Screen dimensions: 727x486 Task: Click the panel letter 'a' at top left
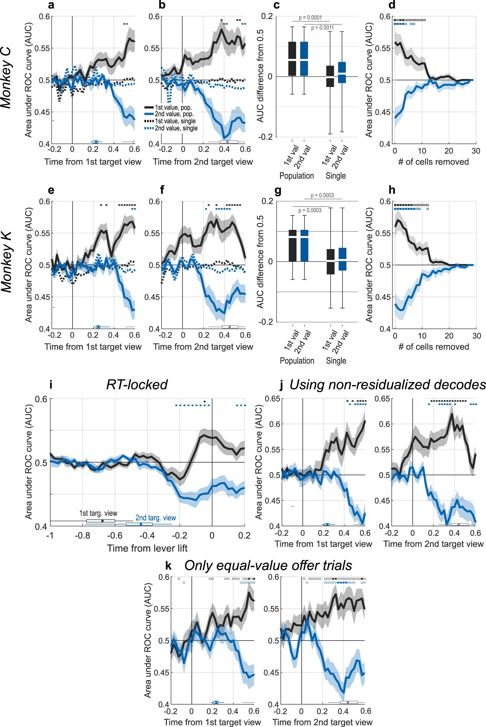tap(51, 5)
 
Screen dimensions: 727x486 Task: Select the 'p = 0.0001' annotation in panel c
tap(310, 18)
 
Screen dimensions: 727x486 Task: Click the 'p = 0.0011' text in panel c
tap(322, 28)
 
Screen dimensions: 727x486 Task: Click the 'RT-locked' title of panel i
tap(137, 385)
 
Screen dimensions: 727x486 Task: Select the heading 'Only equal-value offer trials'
tap(268, 565)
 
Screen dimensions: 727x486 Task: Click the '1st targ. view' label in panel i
tap(98, 513)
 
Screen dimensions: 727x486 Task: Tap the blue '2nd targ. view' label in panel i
tap(156, 518)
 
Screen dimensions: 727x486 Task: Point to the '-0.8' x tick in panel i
tap(82, 535)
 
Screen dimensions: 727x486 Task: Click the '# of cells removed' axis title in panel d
tap(433, 162)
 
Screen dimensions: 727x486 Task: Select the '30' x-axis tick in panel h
tap(476, 336)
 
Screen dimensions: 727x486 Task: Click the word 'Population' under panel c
tap(297, 176)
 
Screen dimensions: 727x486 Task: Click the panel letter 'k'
tap(168, 566)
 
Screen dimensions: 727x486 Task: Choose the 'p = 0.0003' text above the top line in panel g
tap(322, 195)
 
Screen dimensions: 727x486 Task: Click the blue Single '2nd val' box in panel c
tap(342, 73)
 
